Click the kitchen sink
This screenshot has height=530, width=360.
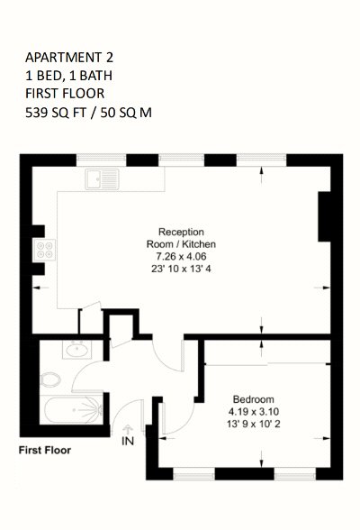[x=102, y=178]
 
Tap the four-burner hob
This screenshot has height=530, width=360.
[x=45, y=250]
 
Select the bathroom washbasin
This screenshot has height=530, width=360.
[x=76, y=349]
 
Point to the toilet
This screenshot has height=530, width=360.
[x=49, y=379]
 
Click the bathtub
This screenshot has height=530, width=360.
[x=71, y=409]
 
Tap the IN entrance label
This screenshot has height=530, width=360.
[x=128, y=441]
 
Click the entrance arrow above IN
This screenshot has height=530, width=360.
[x=128, y=429]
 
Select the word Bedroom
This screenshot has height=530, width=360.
[x=254, y=399]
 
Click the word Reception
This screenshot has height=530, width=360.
[x=181, y=232]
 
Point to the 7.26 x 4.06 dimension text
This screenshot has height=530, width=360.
[x=181, y=256]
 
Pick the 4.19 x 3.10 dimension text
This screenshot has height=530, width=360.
[x=254, y=411]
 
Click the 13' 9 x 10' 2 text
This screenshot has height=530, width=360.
[x=254, y=424]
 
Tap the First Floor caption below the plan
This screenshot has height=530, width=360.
[x=45, y=451]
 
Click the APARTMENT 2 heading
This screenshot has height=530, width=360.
[x=69, y=58]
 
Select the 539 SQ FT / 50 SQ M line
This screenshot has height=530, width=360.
[x=88, y=112]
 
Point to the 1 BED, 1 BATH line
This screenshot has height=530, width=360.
[x=68, y=76]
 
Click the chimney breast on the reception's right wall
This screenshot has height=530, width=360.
[x=325, y=216]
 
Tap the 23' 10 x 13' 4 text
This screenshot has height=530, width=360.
[x=181, y=269]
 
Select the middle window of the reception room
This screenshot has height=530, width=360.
[x=182, y=159]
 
